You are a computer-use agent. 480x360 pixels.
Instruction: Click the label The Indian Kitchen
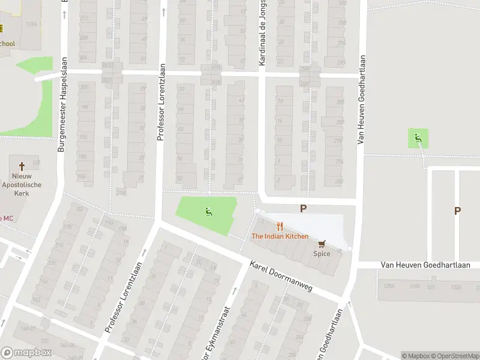[280, 236]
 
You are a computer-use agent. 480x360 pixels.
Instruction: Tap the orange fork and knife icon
[280, 226]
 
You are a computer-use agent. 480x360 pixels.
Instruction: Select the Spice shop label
[322, 254]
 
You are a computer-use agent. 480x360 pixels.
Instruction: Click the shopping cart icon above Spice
[322, 244]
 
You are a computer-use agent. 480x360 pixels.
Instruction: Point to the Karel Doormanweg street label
[281, 277]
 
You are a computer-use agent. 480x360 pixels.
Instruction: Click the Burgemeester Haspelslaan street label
[61, 108]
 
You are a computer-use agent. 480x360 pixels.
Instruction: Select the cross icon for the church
[22, 166]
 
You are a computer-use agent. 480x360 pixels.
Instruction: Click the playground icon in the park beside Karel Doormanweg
[208, 211]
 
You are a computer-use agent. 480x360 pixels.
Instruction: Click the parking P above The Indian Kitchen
[304, 209]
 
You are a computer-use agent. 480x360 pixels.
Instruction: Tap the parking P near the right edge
[457, 211]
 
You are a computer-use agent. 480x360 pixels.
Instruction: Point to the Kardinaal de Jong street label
[262, 33]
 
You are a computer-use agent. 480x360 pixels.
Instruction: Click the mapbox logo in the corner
[25, 353]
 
